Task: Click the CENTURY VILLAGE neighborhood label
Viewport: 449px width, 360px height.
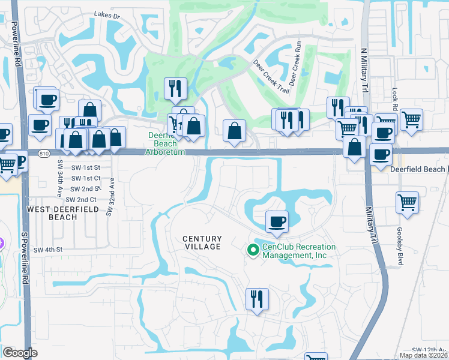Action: click(x=202, y=242)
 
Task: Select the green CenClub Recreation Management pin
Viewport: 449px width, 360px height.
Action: click(x=252, y=251)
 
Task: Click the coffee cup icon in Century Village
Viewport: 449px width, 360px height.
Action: click(x=277, y=221)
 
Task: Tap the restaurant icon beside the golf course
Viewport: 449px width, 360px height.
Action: click(x=176, y=89)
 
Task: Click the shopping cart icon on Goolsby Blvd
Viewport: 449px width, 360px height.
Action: click(x=407, y=202)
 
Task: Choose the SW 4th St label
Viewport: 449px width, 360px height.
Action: click(x=48, y=250)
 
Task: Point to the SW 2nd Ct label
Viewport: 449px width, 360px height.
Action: click(x=82, y=199)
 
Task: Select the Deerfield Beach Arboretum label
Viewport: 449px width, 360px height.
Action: click(x=163, y=143)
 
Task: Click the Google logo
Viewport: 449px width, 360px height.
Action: click(x=20, y=353)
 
